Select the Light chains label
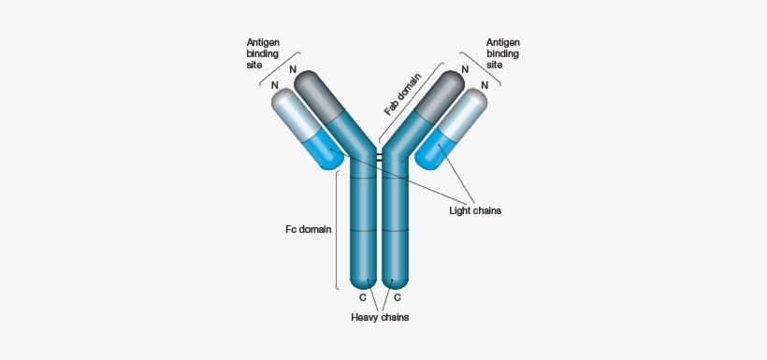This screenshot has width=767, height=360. (475, 210)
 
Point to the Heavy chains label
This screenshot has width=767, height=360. (380, 317)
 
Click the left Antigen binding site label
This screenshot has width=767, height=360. (263, 55)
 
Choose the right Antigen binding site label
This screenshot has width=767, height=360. (502, 55)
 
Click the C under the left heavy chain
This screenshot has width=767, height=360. (364, 297)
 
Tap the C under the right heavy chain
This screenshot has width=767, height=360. (398, 297)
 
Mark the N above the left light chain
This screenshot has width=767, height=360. (275, 85)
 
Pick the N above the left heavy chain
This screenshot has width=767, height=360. (293, 68)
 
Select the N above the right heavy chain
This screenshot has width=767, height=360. (465, 68)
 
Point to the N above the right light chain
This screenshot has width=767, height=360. (485, 85)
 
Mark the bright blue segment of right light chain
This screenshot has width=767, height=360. (435, 150)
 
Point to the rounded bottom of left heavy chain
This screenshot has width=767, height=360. (363, 279)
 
